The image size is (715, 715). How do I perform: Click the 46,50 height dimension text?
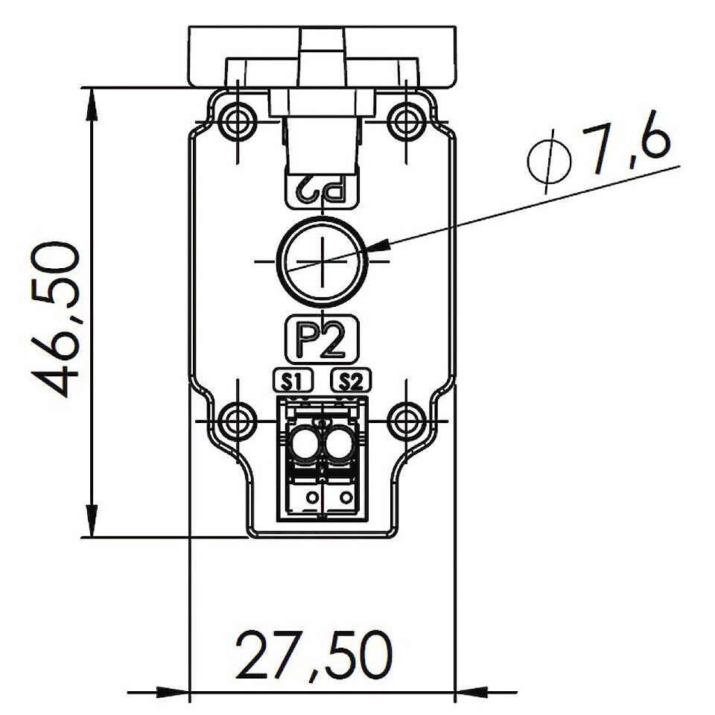pyautogui.click(x=56, y=320)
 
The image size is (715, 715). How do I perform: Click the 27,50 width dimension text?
pyautogui.click(x=314, y=655)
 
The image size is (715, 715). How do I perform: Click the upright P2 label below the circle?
pyautogui.click(x=322, y=340)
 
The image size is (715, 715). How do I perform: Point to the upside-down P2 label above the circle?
pyautogui.click(x=322, y=190)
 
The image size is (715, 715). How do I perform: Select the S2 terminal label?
pyautogui.click(x=351, y=381)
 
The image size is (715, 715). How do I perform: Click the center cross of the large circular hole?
pyautogui.click(x=322, y=261)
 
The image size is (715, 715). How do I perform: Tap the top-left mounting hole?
pyautogui.click(x=237, y=121)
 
